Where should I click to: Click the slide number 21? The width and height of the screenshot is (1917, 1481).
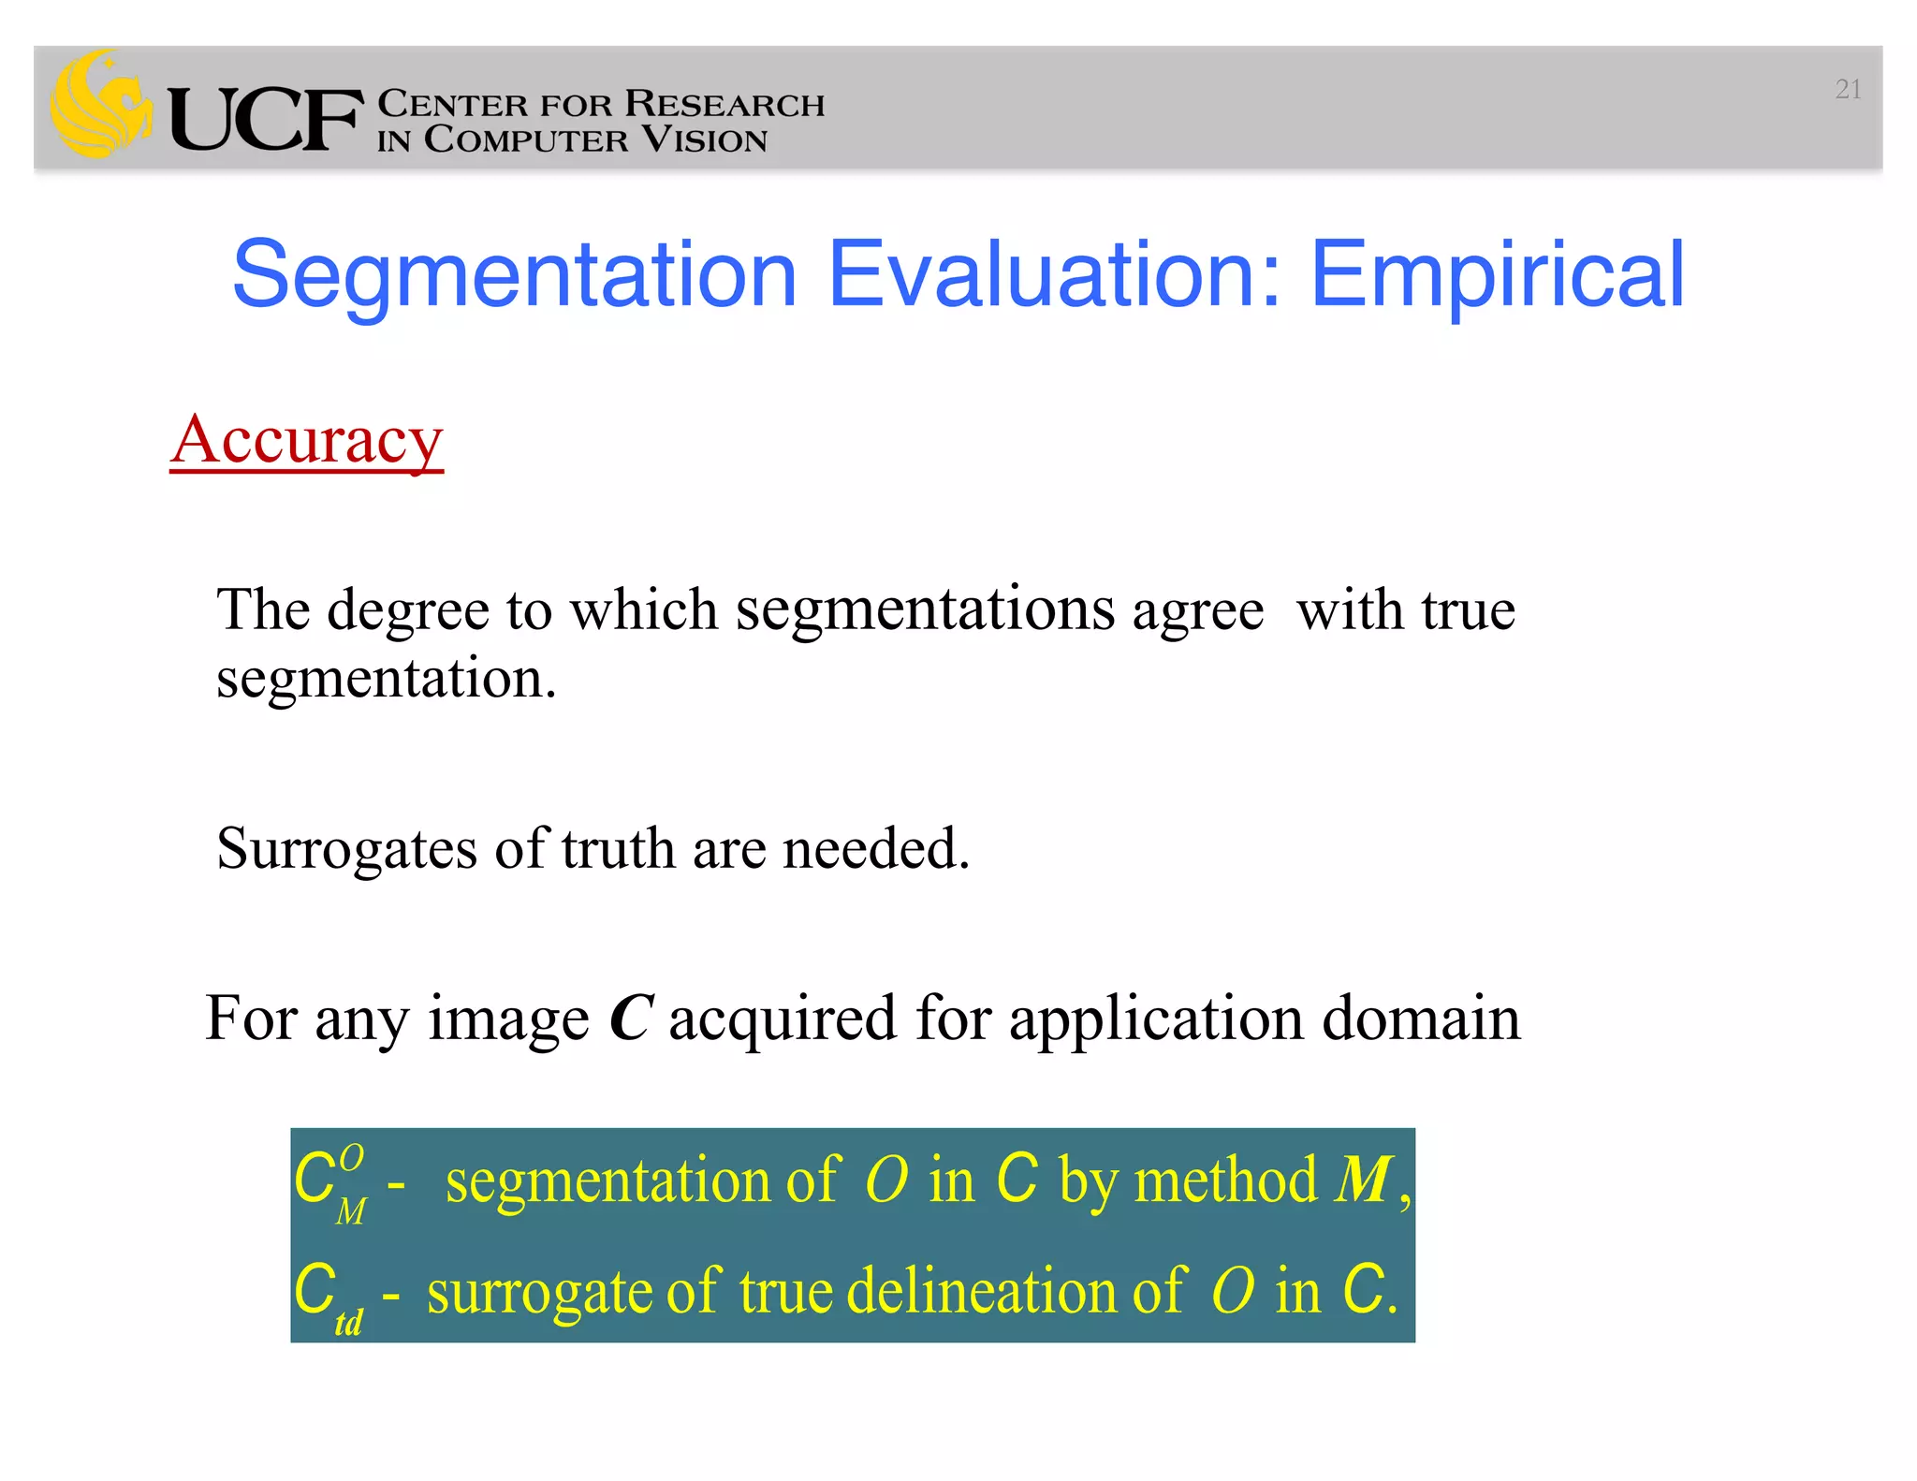pyautogui.click(x=1847, y=90)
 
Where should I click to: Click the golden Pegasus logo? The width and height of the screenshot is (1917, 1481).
pyautogui.click(x=100, y=105)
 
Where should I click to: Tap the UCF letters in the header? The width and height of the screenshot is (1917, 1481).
pyautogui.click(x=265, y=120)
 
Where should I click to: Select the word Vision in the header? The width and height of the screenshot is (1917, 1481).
pyautogui.click(x=704, y=139)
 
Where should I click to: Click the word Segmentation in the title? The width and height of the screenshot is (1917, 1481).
pyautogui.click(x=514, y=274)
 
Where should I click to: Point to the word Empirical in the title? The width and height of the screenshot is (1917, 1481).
pyautogui.click(x=1497, y=274)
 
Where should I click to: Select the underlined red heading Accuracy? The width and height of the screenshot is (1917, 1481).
pyautogui.click(x=306, y=440)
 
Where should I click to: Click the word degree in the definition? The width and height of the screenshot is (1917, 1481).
pyautogui.click(x=408, y=610)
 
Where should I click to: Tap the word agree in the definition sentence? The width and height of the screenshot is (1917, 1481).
pyautogui.click(x=1197, y=610)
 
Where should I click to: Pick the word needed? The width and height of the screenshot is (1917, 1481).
pyautogui.click(x=875, y=848)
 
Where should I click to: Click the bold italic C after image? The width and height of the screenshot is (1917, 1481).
pyautogui.click(x=630, y=1019)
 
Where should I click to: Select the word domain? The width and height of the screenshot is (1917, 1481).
pyautogui.click(x=1420, y=1019)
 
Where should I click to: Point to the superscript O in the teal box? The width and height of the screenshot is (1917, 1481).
pyautogui.click(x=351, y=1158)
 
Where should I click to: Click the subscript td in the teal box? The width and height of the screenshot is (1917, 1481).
pyautogui.click(x=348, y=1323)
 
